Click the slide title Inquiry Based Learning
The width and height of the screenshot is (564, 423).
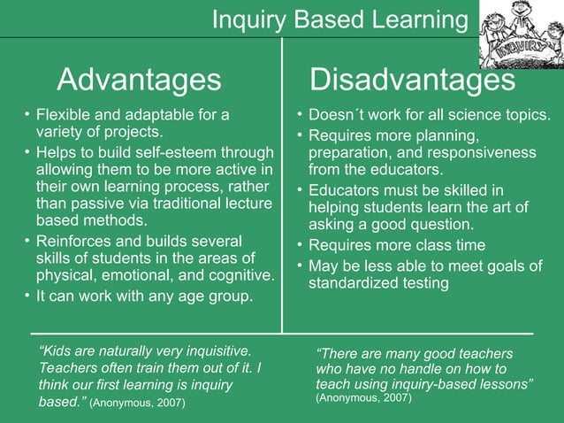click(339, 19)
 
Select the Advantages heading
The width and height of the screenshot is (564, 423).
click(139, 80)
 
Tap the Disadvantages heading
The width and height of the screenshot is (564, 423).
click(413, 80)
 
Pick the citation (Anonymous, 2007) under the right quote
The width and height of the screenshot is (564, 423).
click(363, 398)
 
